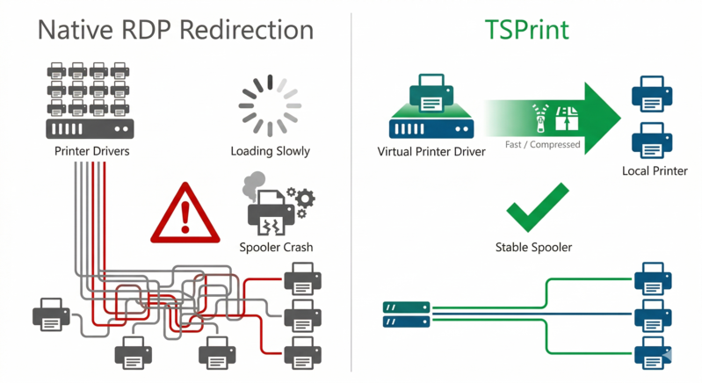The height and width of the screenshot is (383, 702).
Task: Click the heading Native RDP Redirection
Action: [x=176, y=30]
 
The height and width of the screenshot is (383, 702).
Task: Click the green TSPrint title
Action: [x=526, y=30]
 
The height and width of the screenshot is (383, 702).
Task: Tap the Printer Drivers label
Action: [x=91, y=151]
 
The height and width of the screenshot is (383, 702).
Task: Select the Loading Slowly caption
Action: [x=270, y=151]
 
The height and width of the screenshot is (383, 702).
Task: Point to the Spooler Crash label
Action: [x=275, y=248]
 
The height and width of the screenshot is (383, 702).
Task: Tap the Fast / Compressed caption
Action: [x=542, y=144]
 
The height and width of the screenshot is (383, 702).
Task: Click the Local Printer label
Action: [x=654, y=170]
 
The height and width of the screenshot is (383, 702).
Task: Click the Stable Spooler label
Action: [x=533, y=248]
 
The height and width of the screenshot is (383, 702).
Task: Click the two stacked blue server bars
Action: [x=405, y=314]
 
